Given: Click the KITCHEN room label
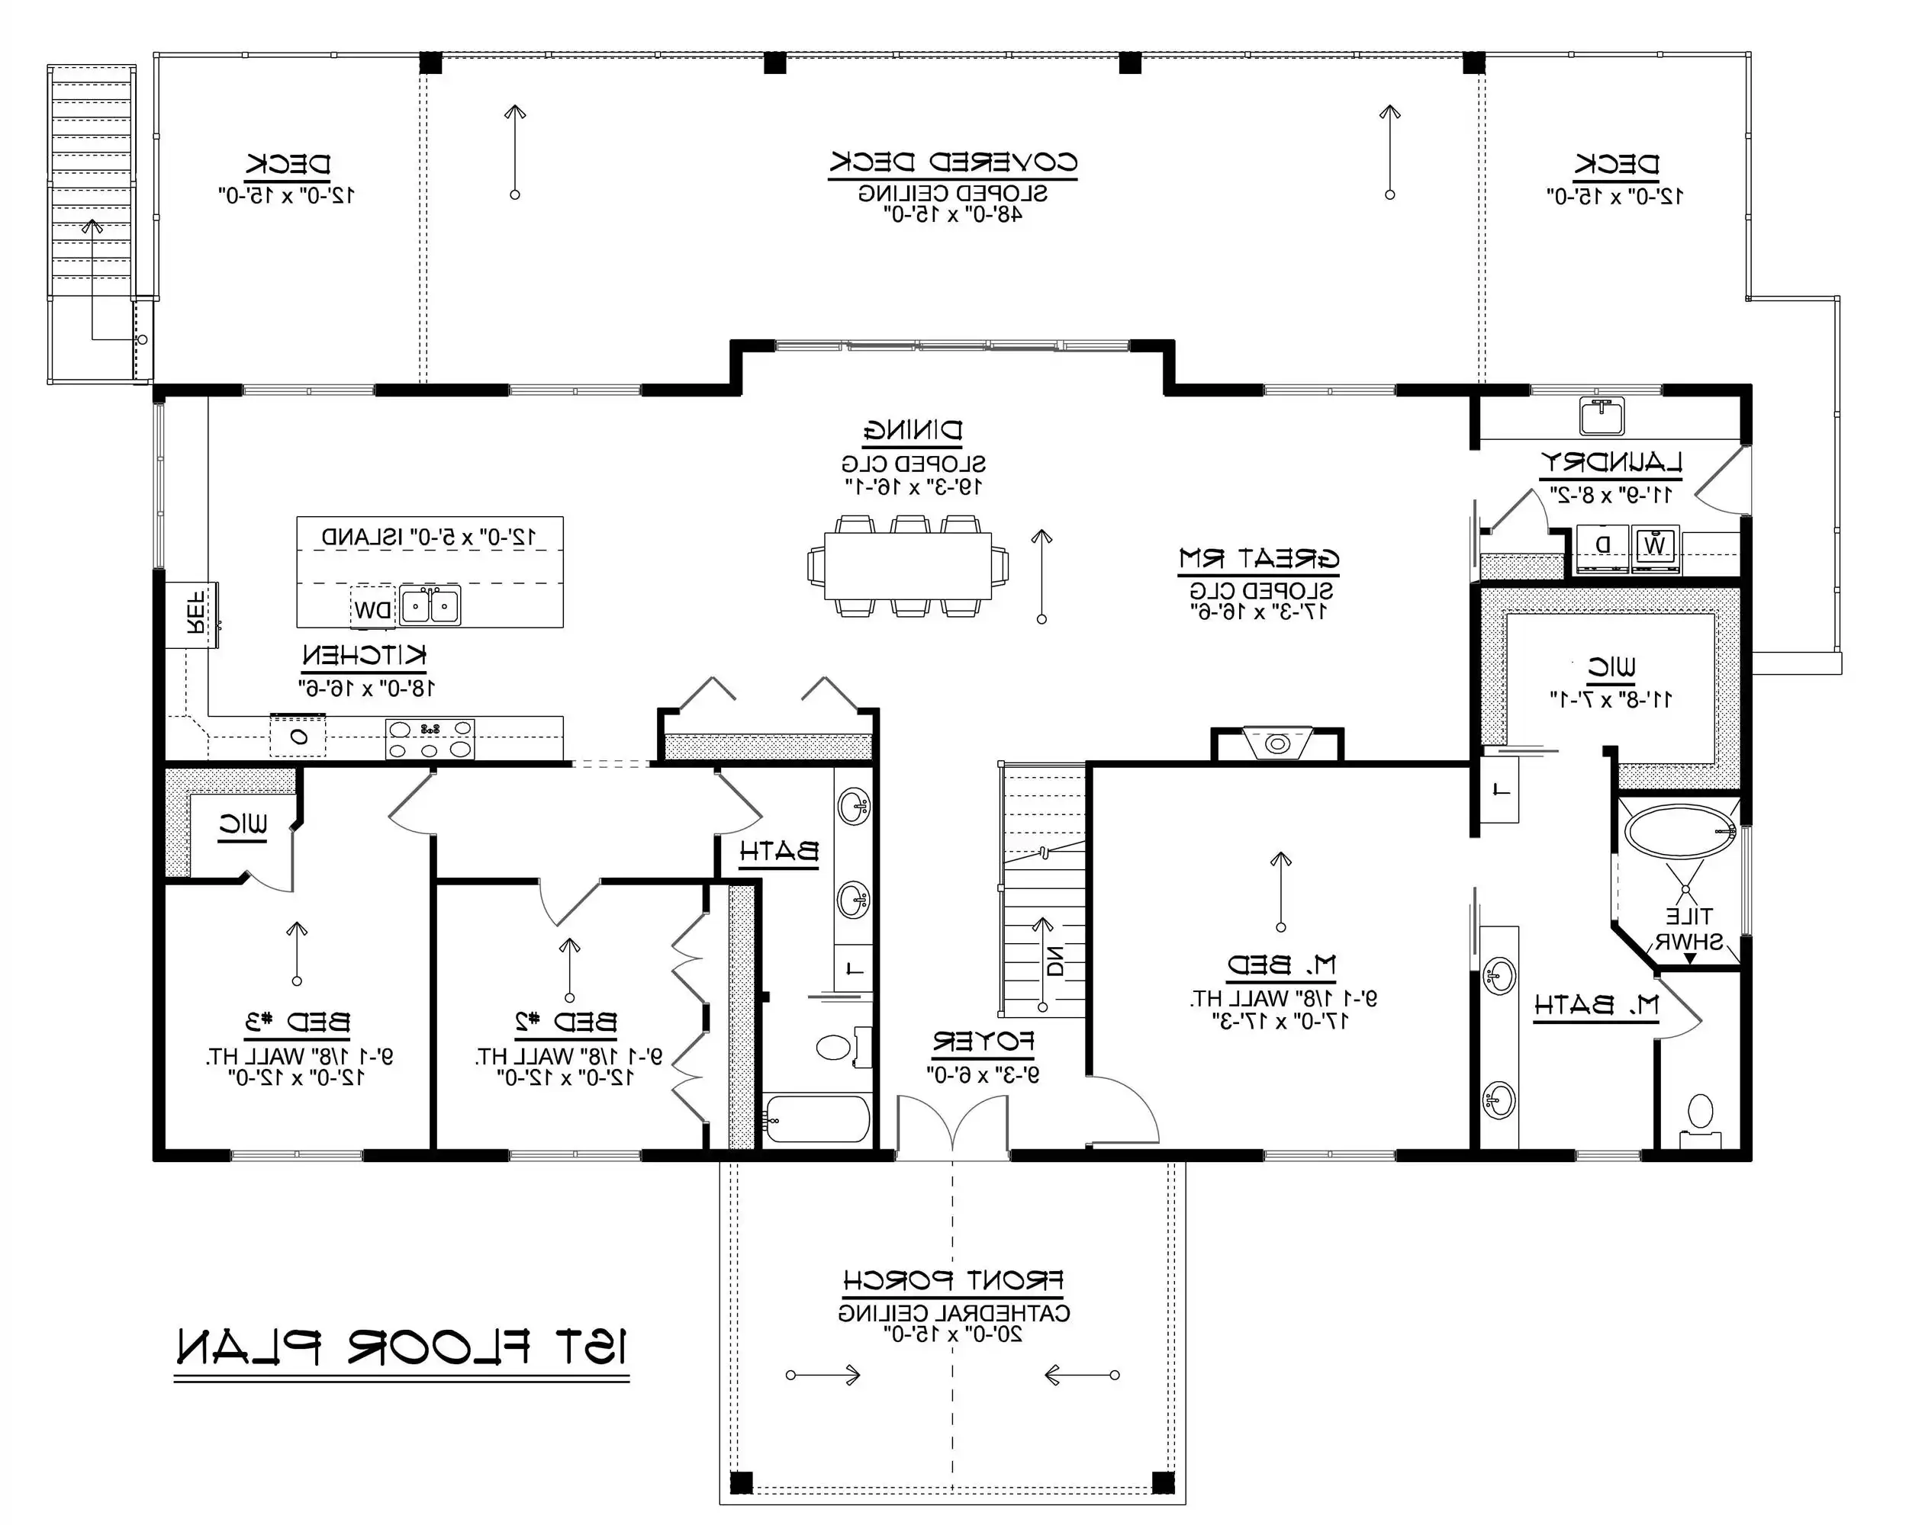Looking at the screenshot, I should point(364,656).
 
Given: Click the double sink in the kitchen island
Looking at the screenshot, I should point(430,606).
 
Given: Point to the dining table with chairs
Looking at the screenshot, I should point(907,566).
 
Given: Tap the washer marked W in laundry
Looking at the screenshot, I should point(1654,545).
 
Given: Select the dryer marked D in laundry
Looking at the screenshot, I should point(1602,545).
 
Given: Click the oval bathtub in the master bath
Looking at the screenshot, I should point(1679,831).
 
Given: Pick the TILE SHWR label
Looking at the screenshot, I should point(1688,929).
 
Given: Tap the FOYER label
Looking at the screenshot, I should point(983,1042).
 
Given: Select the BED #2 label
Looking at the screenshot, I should point(567,1023).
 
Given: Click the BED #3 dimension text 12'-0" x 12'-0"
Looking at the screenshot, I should point(298,1078).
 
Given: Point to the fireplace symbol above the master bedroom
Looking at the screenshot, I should point(1276,743).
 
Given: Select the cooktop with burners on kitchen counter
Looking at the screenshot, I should point(430,739).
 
